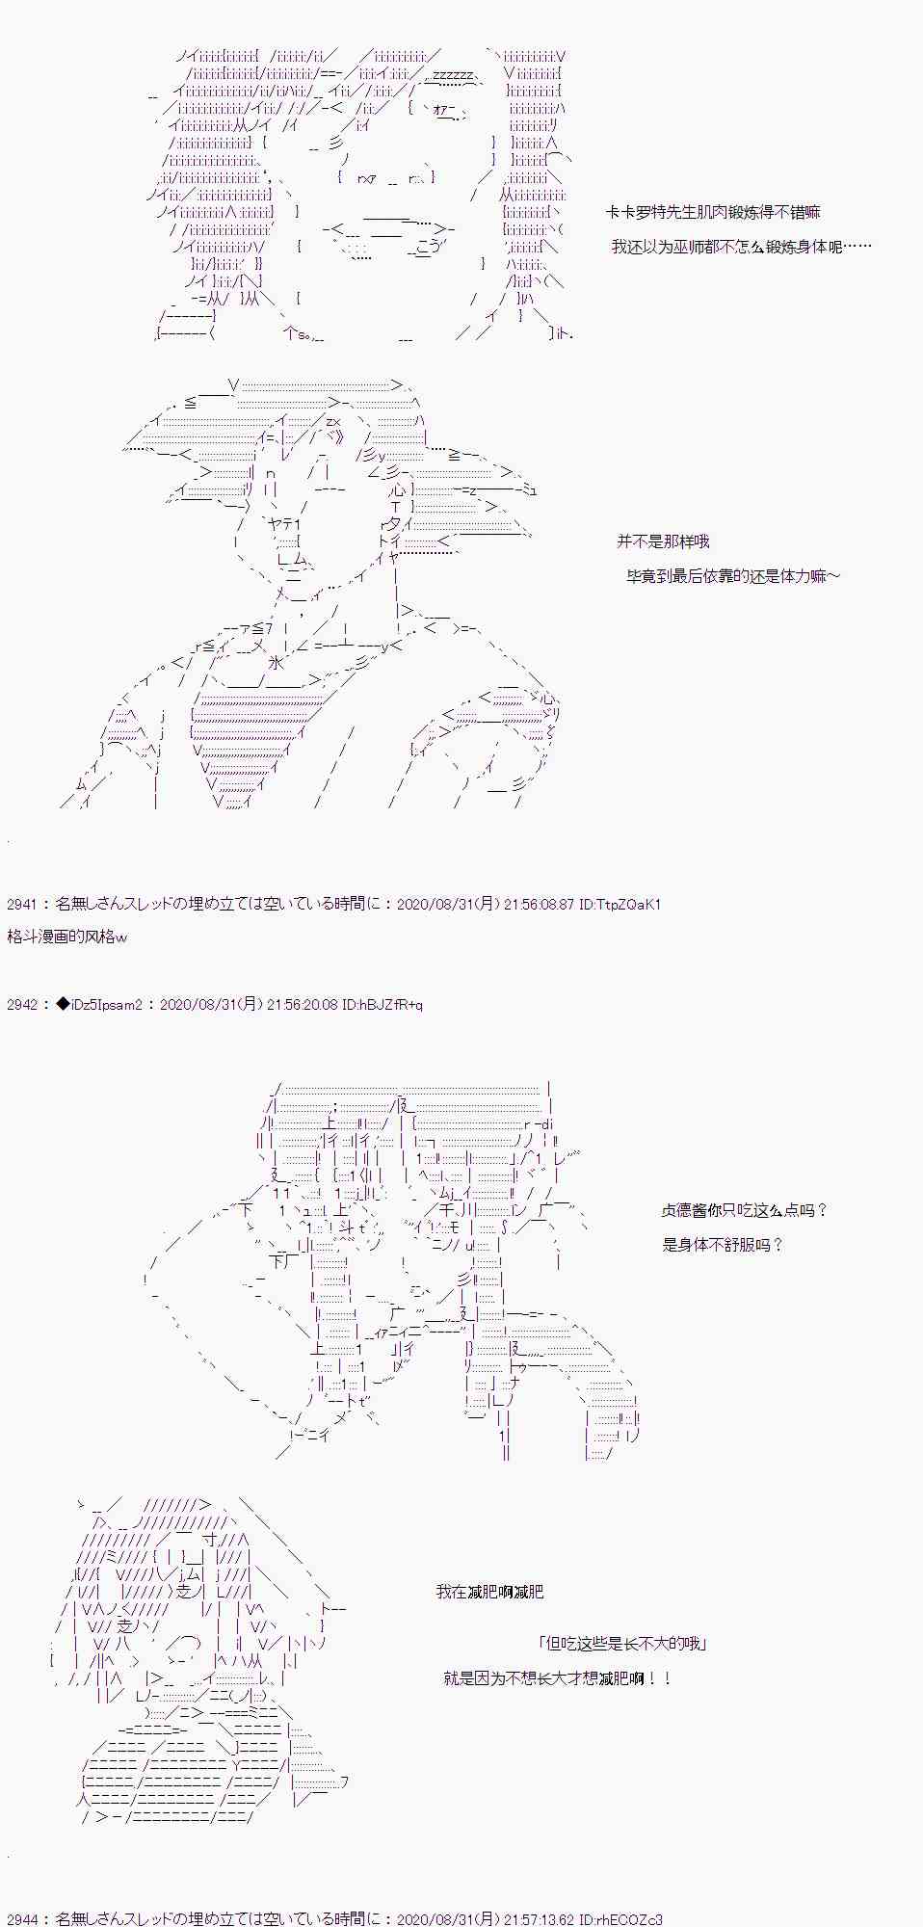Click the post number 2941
(21, 905)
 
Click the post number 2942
(21, 1005)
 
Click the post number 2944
(21, 1919)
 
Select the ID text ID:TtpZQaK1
(620, 905)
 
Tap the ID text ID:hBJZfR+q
(382, 1005)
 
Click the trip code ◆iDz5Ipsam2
(99, 1005)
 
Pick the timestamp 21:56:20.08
(301, 1005)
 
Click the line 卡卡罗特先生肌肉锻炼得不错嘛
(713, 213)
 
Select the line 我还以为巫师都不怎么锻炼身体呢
(740, 248)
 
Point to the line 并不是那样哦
(663, 541)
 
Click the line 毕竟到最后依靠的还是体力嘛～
(732, 576)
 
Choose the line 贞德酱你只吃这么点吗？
(744, 1210)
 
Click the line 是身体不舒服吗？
(723, 1245)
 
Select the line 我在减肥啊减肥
(489, 1592)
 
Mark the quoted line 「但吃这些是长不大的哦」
(623, 1644)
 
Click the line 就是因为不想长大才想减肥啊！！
(558, 1678)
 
